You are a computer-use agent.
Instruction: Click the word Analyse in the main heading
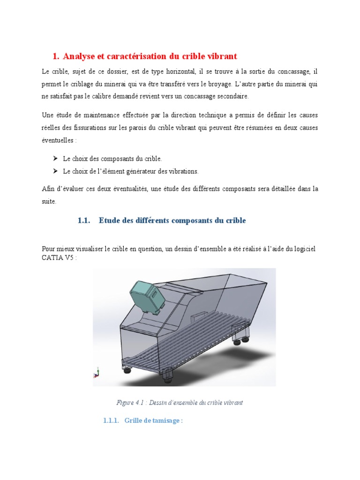(80, 56)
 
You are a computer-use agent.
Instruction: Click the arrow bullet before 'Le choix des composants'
(55, 159)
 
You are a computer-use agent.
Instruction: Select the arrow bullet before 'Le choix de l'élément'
(55, 171)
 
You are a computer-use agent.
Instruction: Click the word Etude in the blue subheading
(109, 220)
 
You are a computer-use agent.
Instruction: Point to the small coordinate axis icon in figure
(97, 373)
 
